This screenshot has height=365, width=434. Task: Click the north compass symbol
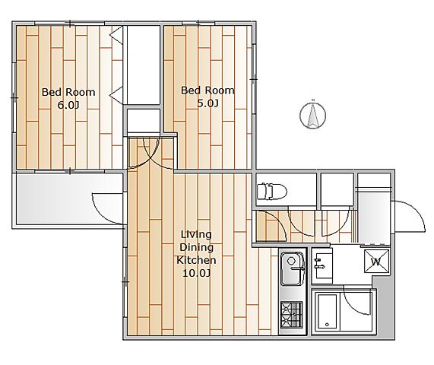pos(312,116)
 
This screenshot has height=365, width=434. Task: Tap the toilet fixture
pos(272,191)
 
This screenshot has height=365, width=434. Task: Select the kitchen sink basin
pos(293,268)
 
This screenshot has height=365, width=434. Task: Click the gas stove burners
pos(292,315)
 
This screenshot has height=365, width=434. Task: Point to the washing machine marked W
pos(376,262)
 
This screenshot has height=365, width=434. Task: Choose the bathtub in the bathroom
pos(328,312)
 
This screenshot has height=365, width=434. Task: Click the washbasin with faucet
pos(322,266)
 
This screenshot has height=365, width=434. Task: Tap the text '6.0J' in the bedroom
pos(68,105)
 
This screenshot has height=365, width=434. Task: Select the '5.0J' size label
pos(207,103)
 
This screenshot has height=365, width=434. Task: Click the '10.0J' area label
pos(197,273)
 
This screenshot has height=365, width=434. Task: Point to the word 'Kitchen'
pos(197,260)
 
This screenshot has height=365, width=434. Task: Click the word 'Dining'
pos(197,247)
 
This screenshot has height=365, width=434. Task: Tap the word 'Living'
pos(197,234)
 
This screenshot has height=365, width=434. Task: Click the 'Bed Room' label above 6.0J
pos(68,92)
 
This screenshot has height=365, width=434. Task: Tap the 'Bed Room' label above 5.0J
pos(207,90)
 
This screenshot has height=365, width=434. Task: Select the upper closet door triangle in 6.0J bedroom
pos(116,35)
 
